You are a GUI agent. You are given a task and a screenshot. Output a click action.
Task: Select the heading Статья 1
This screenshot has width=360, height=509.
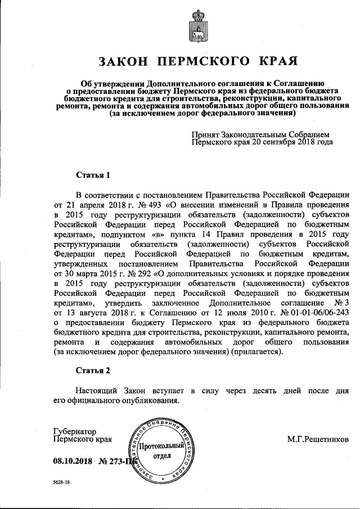pyautogui.click(x=93, y=175)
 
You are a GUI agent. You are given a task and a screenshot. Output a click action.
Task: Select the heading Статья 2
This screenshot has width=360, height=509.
pyautogui.click(x=93, y=370)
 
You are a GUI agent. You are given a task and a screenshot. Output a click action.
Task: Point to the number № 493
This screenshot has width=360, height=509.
pyautogui.click(x=138, y=206)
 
